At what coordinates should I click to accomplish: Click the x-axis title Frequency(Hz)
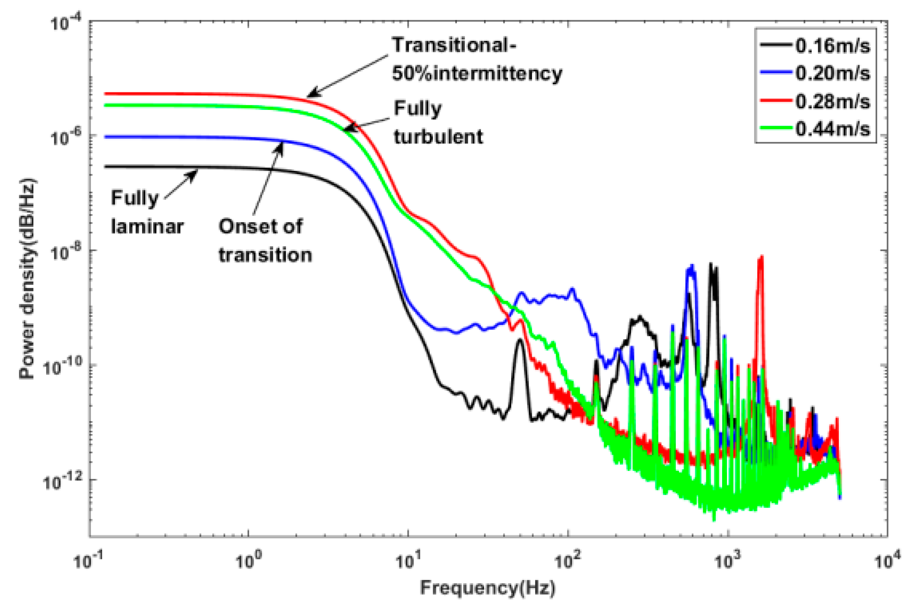[488, 588]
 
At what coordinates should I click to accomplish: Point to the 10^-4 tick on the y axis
[64, 23]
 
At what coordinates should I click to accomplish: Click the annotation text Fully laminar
[146, 212]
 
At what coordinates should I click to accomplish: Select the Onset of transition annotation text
[264, 241]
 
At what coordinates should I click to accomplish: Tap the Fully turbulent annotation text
[438, 122]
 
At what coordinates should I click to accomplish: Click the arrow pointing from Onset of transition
[268, 179]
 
